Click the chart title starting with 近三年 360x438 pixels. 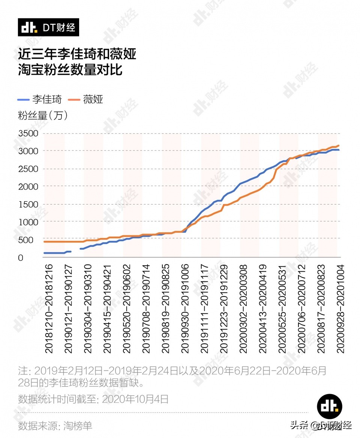pos(77,62)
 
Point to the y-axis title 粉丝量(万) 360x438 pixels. pos(43,116)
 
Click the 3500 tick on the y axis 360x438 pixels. pos(28,134)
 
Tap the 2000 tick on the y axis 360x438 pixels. pos(28,187)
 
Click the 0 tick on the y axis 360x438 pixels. pos(21,258)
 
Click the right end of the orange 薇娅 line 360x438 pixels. pos(339,145)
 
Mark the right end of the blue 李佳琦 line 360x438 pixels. pos(339,150)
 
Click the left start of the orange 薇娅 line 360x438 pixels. pos(44,242)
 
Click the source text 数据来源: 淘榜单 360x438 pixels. pos(55,426)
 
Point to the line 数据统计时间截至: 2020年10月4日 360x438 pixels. pos(93,399)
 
